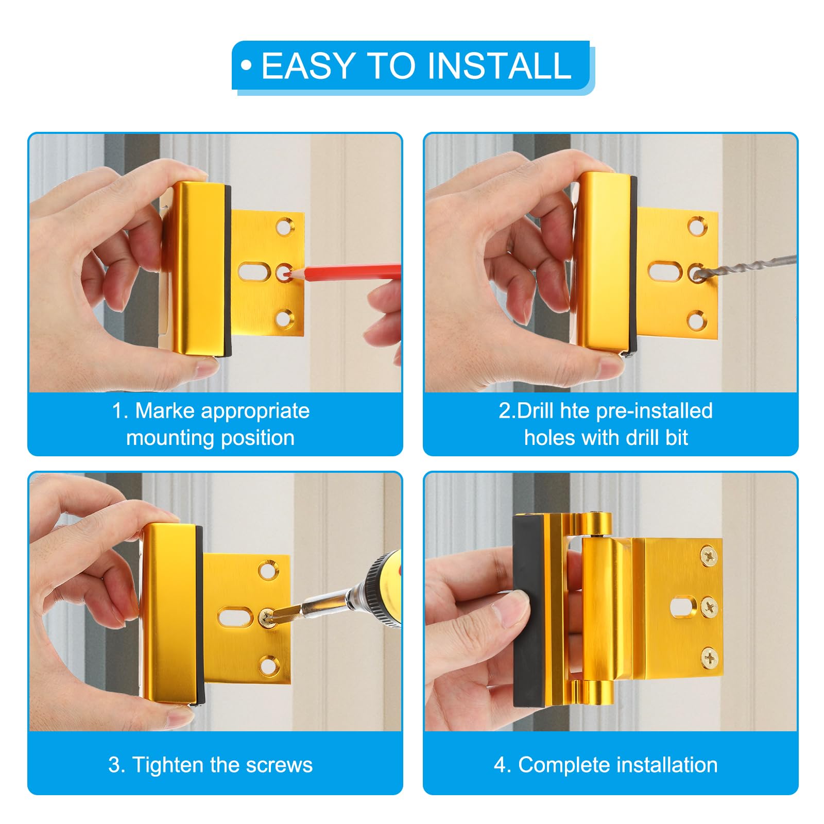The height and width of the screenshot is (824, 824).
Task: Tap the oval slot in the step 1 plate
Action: coord(254,271)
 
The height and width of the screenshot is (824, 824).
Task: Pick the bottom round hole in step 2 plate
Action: coord(696,320)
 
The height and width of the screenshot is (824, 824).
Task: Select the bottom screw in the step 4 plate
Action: coord(709,657)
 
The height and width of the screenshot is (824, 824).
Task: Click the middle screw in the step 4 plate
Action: coord(709,607)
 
